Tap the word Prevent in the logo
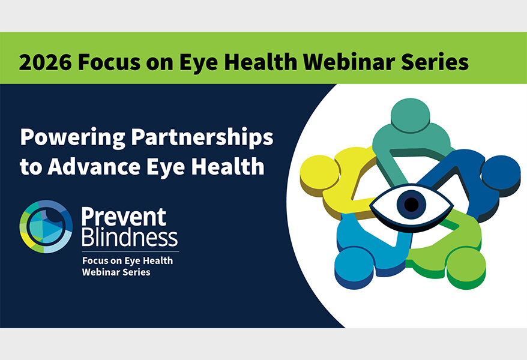[x=123, y=217]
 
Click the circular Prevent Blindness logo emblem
[x=46, y=227]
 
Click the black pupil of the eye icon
[x=411, y=205]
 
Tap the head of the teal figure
[x=408, y=114]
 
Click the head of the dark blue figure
[x=500, y=173]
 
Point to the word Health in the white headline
[x=231, y=166]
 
